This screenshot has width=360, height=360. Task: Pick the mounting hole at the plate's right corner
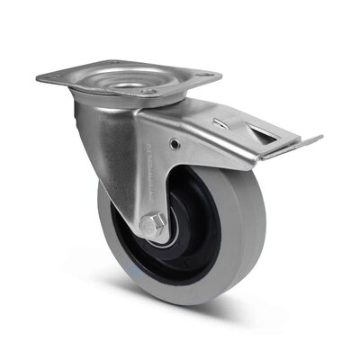coord(208,76)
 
